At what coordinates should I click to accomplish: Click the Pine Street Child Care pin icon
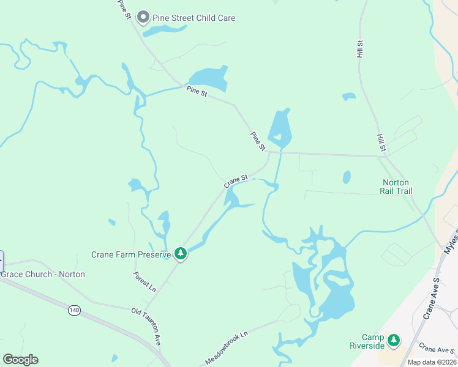pos(143,17)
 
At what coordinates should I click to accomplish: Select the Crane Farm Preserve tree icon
pos(180,253)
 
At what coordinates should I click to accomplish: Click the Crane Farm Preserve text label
pos(130,254)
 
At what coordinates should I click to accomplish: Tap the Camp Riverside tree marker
pos(393,340)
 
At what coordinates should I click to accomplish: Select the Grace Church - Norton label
pos(43,274)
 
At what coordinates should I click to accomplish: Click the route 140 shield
pos(74,311)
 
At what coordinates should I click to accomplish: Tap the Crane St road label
pos(236,181)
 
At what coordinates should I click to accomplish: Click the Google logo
pos(20,360)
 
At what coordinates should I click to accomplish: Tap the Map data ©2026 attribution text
pos(432,362)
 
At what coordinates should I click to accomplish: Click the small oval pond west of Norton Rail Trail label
pos(347,177)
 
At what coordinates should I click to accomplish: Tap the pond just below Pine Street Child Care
pos(164,30)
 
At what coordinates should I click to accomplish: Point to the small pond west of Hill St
pos(349,96)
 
